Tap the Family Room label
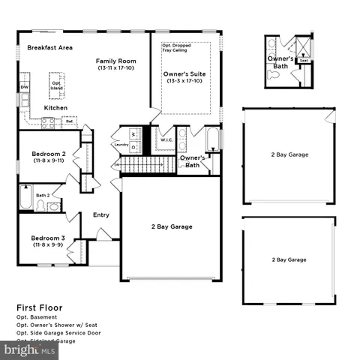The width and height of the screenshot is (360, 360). pos(115,64)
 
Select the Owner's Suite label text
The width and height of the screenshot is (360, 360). pos(184,77)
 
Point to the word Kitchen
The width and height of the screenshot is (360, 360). pos(55,108)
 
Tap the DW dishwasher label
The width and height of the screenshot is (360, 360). pos(24,87)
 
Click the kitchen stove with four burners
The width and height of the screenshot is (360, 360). pos(47,123)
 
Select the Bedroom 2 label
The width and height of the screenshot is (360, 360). pos(48,156)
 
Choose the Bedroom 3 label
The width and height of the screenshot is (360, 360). pos(48,241)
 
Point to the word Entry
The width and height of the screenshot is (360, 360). pos(100,215)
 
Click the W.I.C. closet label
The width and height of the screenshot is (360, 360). pos(166,140)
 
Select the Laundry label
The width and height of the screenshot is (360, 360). pos(120,143)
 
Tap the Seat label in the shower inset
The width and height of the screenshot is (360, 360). pos(303,61)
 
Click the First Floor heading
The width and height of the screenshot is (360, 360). pos(40,307)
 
